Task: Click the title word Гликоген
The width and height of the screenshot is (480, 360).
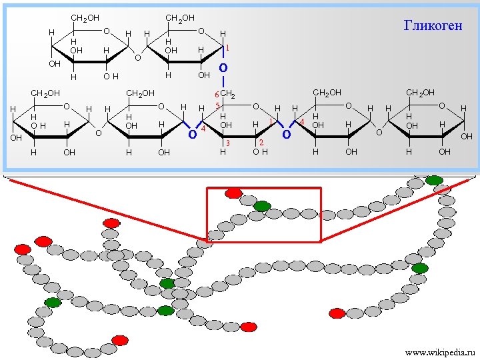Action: pyautogui.click(x=433, y=25)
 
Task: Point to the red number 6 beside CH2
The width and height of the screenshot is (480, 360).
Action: pyautogui.click(x=215, y=95)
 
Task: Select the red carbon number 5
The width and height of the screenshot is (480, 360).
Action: pyautogui.click(x=217, y=106)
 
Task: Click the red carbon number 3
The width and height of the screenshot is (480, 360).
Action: pyautogui.click(x=227, y=143)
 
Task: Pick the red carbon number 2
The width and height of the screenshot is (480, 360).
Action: pyautogui.click(x=261, y=143)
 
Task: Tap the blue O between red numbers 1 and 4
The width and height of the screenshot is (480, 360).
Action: pyautogui.click(x=286, y=135)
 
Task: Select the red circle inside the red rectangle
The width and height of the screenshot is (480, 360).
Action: pyautogui.click(x=233, y=193)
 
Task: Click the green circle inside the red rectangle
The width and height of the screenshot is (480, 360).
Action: pyautogui.click(x=262, y=206)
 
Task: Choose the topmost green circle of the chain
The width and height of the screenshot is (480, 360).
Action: pyautogui.click(x=434, y=180)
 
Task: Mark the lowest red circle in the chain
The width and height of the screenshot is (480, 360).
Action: pyautogui.click(x=120, y=340)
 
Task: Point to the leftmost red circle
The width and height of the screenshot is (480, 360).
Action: pyautogui.click(x=23, y=249)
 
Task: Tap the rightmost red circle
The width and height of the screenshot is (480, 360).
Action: pyautogui.click(x=337, y=313)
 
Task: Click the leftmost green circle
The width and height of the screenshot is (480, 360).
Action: pyautogui.click(x=53, y=303)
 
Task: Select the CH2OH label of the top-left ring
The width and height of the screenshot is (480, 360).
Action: pyautogui.click(x=85, y=17)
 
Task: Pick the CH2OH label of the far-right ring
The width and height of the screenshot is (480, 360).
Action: pyautogui.click(x=420, y=91)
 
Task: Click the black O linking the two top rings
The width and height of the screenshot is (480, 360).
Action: pyautogui.click(x=137, y=58)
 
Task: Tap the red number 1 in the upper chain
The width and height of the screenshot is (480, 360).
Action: pyautogui.click(x=227, y=48)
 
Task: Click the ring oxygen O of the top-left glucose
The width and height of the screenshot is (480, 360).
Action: pyautogui.click(x=107, y=31)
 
